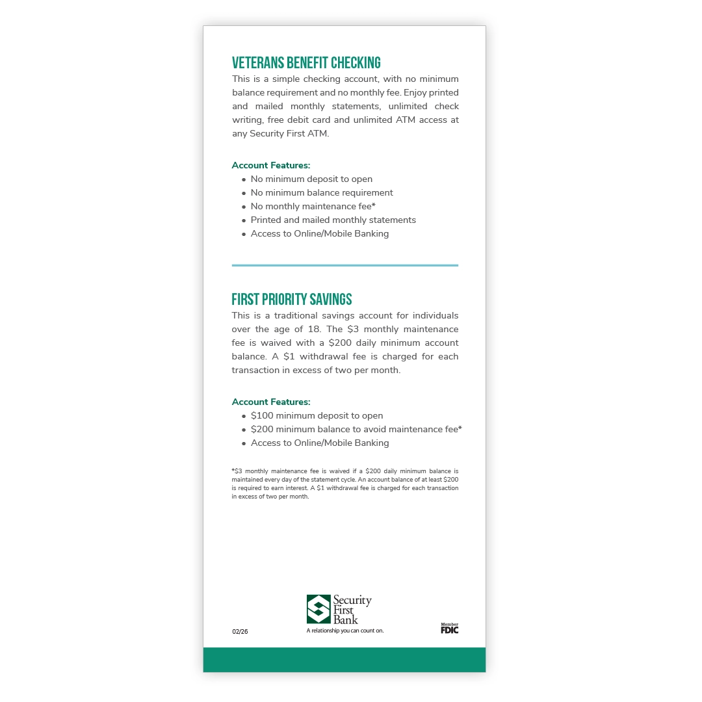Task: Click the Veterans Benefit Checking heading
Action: [306, 63]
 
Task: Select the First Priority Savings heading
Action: [292, 300]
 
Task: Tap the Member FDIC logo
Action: [449, 628]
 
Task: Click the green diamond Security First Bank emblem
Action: [318, 609]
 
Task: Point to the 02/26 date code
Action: [240, 631]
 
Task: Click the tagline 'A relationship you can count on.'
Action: [345, 630]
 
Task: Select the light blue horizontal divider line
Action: [345, 265]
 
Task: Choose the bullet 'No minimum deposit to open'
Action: [311, 179]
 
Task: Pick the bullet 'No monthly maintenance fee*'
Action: [313, 206]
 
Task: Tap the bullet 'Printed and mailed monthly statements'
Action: [333, 220]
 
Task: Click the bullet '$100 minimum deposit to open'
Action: [317, 415]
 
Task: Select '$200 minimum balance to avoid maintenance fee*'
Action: [356, 429]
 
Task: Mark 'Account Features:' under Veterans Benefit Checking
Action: [271, 165]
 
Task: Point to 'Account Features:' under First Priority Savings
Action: [271, 402]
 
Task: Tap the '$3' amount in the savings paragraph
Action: [354, 329]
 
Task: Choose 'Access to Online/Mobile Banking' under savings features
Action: [320, 443]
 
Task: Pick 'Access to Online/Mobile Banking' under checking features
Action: [320, 233]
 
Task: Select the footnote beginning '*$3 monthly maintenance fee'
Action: [345, 484]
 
